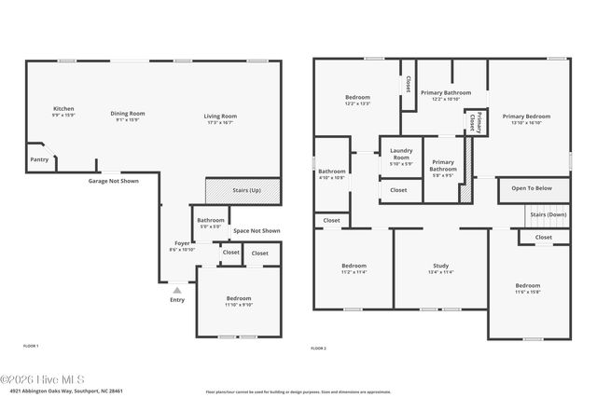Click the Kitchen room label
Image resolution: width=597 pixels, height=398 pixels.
[63, 108]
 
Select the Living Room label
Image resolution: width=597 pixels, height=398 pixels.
[220, 117]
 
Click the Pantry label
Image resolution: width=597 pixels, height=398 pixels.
[39, 159]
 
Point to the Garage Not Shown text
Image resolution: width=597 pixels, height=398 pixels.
[113, 181]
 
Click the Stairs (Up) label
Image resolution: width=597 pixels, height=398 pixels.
[247, 190]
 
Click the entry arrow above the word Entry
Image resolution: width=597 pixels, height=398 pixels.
[177, 290]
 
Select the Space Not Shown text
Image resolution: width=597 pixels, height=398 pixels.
[257, 230]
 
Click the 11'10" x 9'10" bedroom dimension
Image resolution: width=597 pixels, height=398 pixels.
[238, 305]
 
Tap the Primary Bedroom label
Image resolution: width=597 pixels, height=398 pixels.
[527, 117]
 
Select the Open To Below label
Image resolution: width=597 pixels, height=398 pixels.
[533, 187]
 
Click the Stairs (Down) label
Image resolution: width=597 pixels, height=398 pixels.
[548, 214]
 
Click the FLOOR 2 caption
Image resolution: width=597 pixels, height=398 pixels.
[318, 348]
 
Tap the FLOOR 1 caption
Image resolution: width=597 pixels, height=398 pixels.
[31, 346]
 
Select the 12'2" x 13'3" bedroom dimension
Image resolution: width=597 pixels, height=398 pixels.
[357, 104]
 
